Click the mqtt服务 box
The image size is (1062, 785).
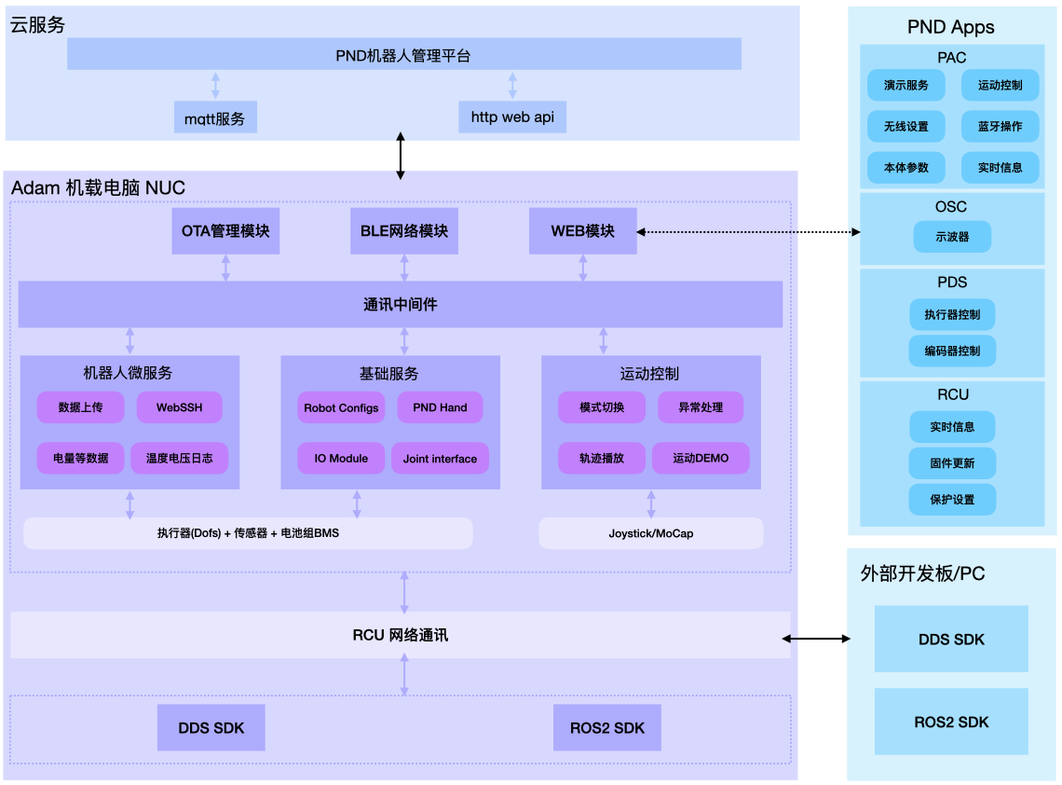pyautogui.click(x=215, y=118)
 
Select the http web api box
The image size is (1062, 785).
pyautogui.click(x=512, y=117)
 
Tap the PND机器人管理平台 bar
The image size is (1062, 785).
pyautogui.click(x=403, y=55)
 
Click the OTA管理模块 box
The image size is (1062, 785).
pyautogui.click(x=225, y=230)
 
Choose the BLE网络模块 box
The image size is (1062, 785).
pyautogui.click(x=404, y=230)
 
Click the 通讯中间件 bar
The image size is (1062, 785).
pyautogui.click(x=400, y=305)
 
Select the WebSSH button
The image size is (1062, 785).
pyautogui.click(x=179, y=407)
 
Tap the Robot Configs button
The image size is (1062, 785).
pyautogui.click(x=341, y=407)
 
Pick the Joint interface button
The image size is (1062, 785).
pyautogui.click(x=440, y=459)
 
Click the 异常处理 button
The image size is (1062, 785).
pyautogui.click(x=701, y=407)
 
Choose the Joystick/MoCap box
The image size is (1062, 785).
pyautogui.click(x=650, y=534)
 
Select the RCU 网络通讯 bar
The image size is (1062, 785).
pyautogui.click(x=400, y=636)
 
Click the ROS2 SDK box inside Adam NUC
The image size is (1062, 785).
pyautogui.click(x=607, y=728)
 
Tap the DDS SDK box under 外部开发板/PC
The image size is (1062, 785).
pyautogui.click(x=951, y=640)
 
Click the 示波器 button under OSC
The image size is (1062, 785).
pyautogui.click(x=952, y=237)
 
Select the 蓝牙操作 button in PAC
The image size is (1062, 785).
pyautogui.click(x=1000, y=127)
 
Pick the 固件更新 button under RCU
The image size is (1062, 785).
pyautogui.click(x=952, y=463)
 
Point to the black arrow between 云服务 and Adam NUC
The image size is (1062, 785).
pyautogui.click(x=402, y=156)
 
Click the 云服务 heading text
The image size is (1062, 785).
pyautogui.click(x=38, y=25)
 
